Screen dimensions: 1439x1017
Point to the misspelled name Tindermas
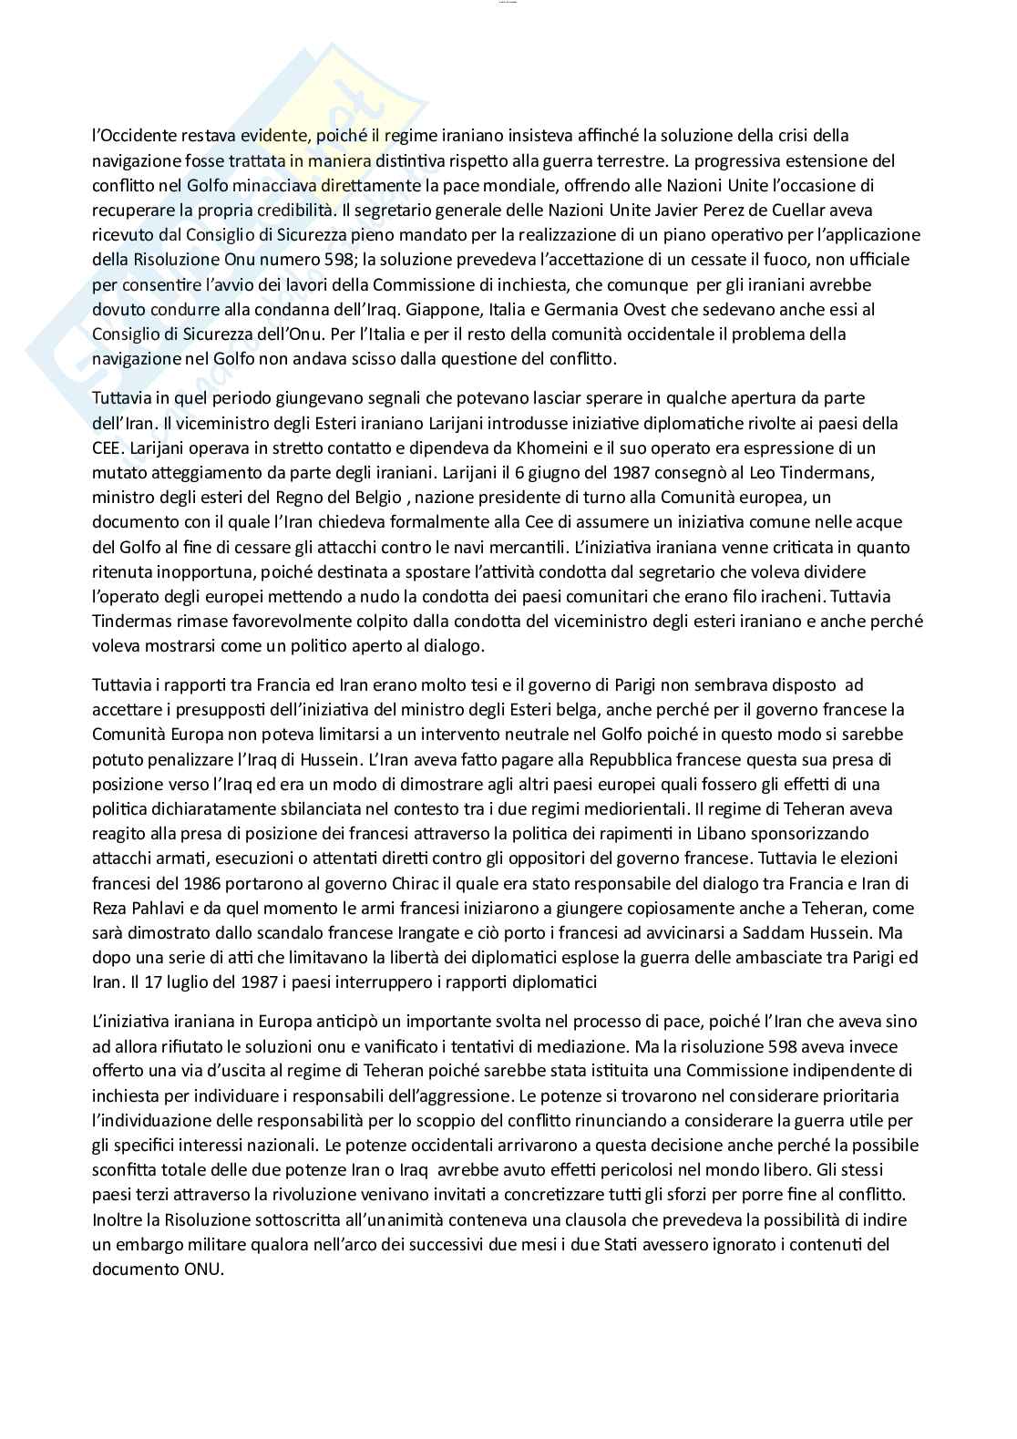[x=133, y=622]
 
